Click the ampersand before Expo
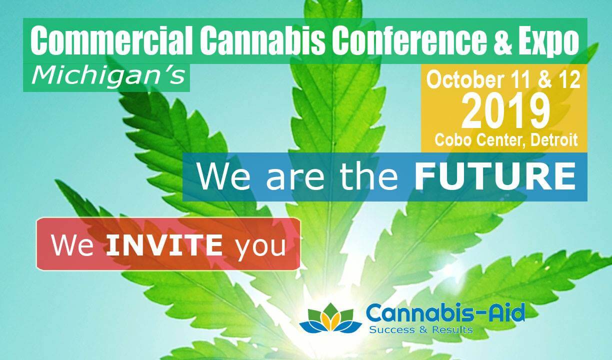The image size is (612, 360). [x=503, y=40]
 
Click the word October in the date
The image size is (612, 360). [x=465, y=80]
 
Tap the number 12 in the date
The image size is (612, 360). [x=569, y=80]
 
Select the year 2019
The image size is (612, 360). [x=505, y=111]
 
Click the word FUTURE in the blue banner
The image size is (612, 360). [x=495, y=176]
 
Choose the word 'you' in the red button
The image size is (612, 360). [x=261, y=247]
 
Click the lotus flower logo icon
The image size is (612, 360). [x=330, y=318]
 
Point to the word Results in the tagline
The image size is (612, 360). [x=452, y=329]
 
